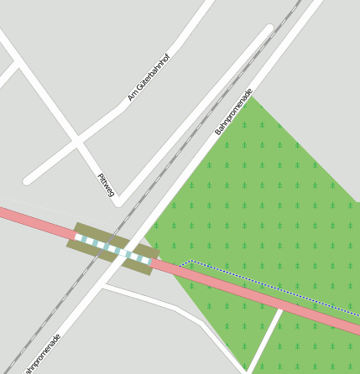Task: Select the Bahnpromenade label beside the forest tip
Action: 233,111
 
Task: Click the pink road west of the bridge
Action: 34,223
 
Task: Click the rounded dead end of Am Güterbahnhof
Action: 29,179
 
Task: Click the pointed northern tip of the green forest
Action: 253,98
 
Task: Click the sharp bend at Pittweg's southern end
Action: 120,201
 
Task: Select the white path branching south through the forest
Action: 264,340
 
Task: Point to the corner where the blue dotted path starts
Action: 191,261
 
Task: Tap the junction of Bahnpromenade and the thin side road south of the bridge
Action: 102,287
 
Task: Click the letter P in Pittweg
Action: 101,177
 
